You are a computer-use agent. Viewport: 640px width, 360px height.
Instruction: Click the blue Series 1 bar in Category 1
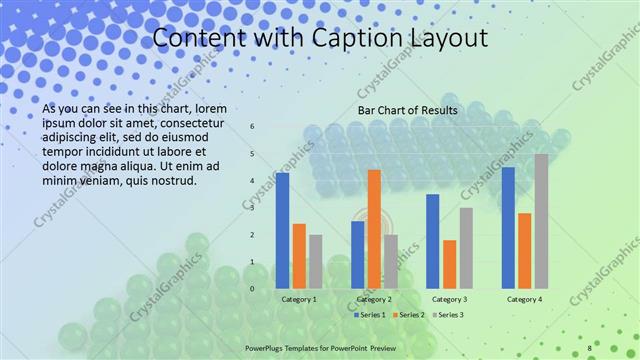(282, 230)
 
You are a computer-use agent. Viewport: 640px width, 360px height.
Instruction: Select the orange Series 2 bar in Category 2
(374, 229)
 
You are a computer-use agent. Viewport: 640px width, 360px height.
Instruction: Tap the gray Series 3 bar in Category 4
(541, 221)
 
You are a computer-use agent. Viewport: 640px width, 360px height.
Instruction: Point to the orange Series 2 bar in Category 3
(450, 264)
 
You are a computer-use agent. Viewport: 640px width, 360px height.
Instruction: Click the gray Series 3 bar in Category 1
(316, 261)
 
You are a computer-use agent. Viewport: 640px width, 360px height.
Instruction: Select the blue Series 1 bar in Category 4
(508, 227)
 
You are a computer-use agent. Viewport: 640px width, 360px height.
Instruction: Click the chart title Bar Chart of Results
(408, 110)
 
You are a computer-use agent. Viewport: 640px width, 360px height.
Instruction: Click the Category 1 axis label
(299, 299)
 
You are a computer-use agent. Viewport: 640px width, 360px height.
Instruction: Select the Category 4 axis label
(524, 299)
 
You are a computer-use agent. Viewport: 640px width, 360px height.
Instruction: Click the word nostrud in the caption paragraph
(171, 180)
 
